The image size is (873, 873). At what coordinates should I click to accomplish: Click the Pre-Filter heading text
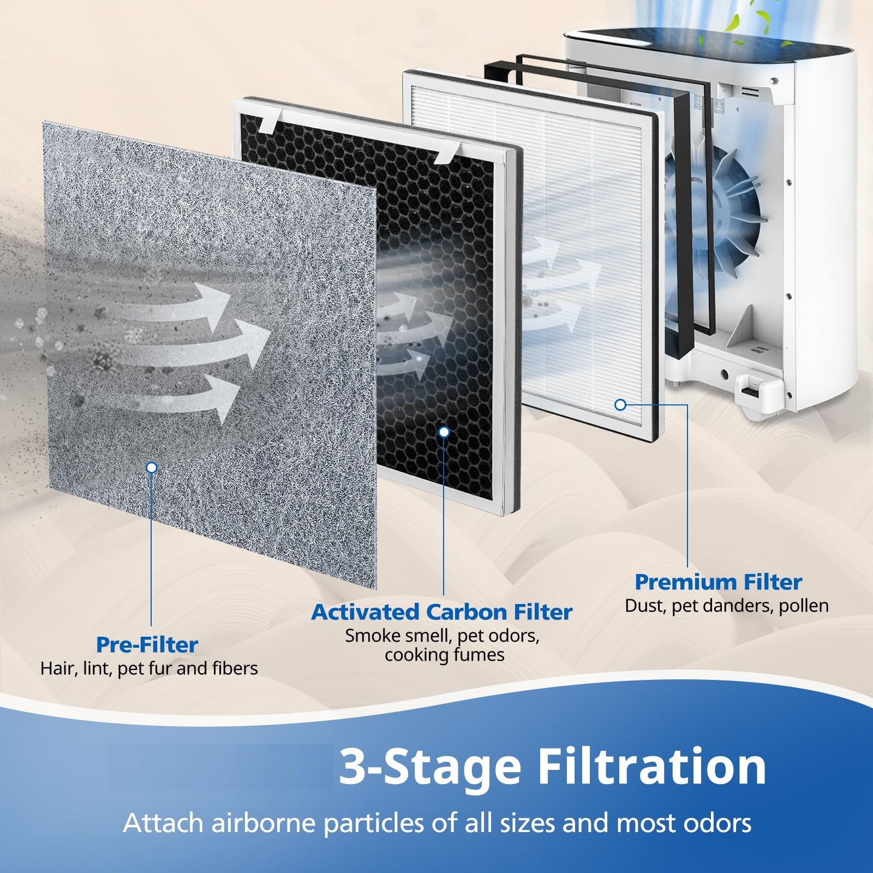(147, 644)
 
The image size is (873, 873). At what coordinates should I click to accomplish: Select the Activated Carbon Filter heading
(441, 612)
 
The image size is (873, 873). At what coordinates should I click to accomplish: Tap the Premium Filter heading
(718, 582)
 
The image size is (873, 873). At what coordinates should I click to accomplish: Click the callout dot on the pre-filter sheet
(152, 467)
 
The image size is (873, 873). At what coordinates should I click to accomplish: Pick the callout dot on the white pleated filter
(620, 405)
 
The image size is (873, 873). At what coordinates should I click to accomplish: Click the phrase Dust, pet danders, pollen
(726, 606)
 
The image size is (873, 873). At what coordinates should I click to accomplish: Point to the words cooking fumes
(444, 655)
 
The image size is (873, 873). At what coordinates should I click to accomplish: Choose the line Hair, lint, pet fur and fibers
(149, 668)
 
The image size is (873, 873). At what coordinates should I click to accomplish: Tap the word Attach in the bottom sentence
(160, 823)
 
